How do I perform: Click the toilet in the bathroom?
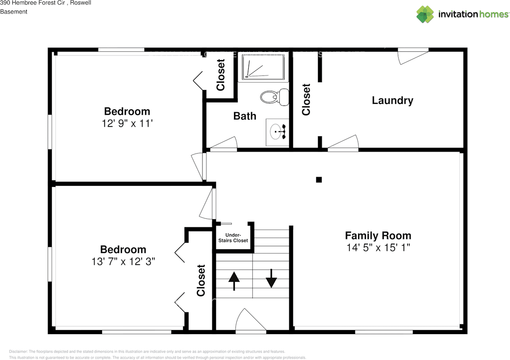click(x=275, y=97)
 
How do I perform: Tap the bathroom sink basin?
click(x=275, y=132)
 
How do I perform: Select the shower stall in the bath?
click(x=263, y=68)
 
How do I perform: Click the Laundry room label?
click(x=392, y=100)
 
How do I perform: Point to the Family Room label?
click(x=378, y=235)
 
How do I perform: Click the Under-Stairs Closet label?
click(x=233, y=238)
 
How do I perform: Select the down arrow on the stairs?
click(x=271, y=278)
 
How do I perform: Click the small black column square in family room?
click(x=319, y=180)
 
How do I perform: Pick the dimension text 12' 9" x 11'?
click(x=127, y=124)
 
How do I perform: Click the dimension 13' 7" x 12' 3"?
click(x=123, y=262)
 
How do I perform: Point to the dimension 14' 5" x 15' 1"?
click(x=378, y=248)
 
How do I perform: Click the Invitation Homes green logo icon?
click(x=425, y=14)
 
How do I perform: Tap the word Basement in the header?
click(x=14, y=12)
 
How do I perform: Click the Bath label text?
click(x=245, y=116)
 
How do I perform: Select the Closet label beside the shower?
click(x=220, y=75)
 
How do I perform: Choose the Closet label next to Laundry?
click(x=306, y=100)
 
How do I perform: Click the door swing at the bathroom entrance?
click(x=224, y=144)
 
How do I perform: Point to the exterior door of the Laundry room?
click(x=413, y=56)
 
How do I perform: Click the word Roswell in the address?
click(x=80, y=3)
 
